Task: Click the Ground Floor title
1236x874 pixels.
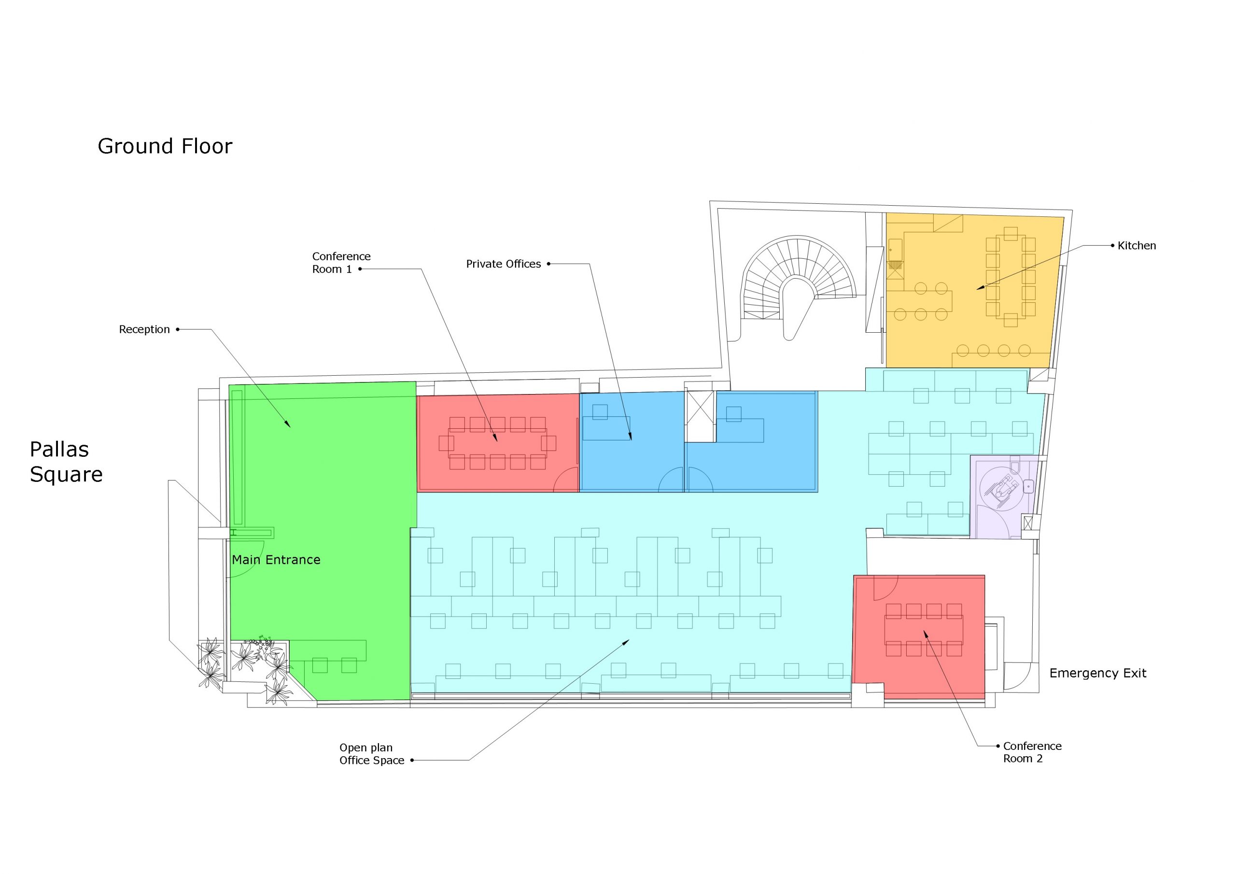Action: (x=165, y=146)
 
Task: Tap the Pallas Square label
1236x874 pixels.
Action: (x=66, y=462)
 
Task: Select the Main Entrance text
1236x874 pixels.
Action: (x=276, y=560)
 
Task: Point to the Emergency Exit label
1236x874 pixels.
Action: (x=1097, y=673)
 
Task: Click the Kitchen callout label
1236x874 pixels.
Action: (x=1137, y=246)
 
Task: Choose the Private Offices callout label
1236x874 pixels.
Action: (x=504, y=264)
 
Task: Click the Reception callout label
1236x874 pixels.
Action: (x=144, y=329)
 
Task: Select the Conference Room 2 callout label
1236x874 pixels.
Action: (x=1032, y=752)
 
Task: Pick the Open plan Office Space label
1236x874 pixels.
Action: (x=371, y=754)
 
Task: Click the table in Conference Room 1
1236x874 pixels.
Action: (x=497, y=443)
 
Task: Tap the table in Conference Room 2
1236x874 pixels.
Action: (x=924, y=630)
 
